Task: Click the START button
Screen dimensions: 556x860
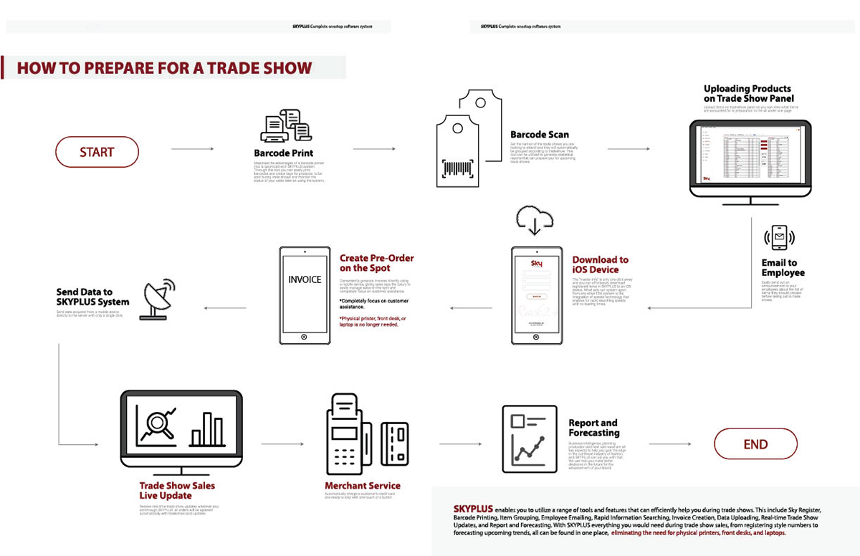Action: [97, 152]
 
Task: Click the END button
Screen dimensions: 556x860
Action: [755, 444]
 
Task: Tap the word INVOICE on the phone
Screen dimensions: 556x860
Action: [305, 279]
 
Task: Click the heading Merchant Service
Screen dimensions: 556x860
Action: [363, 486]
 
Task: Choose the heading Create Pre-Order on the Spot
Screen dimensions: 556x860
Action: [376, 263]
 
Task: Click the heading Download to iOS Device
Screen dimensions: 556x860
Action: [601, 264]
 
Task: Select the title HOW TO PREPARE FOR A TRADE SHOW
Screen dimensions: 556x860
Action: [164, 69]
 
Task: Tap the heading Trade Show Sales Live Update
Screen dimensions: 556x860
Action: [176, 490]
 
